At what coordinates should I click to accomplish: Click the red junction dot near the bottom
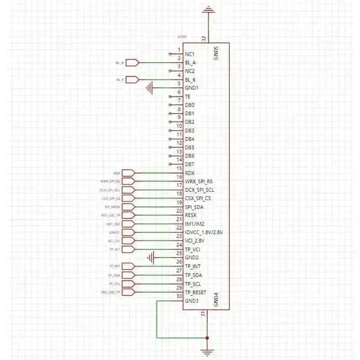pyautogui.click(x=207, y=337)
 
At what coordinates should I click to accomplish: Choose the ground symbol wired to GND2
pyautogui.click(x=152, y=258)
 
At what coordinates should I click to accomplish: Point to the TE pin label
pyautogui.click(x=188, y=97)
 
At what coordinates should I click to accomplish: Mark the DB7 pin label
pyautogui.click(x=189, y=164)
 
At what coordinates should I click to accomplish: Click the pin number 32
pyautogui.click(x=204, y=39)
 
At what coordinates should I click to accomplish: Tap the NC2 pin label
pyautogui.click(x=189, y=71)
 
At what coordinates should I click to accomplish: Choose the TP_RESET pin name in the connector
pyautogui.click(x=195, y=292)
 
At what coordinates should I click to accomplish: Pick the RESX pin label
pyautogui.click(x=191, y=216)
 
